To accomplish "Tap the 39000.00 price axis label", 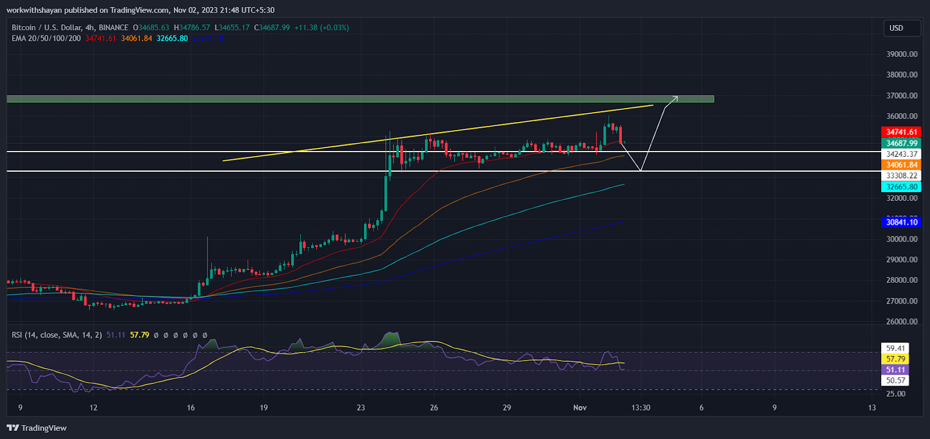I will [902, 54].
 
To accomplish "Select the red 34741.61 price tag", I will [902, 132].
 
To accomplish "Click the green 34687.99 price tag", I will [902, 143].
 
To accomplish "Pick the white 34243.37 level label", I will [902, 154].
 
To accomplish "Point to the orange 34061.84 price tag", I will [902, 165].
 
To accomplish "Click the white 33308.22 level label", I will [902, 176].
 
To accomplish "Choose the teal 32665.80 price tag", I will [902, 187].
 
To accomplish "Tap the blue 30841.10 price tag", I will [902, 222].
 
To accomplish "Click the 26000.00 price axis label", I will [902, 322].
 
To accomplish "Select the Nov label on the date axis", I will [580, 408].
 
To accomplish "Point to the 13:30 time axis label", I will [641, 408].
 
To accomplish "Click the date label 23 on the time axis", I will [361, 408].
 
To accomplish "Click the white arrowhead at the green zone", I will [675, 98].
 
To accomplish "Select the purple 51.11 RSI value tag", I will [895, 370].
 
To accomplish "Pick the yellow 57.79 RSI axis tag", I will [895, 359].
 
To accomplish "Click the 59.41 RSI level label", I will [895, 348].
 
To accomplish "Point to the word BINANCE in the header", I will [113, 27].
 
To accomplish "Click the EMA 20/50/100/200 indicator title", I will [46, 38].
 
